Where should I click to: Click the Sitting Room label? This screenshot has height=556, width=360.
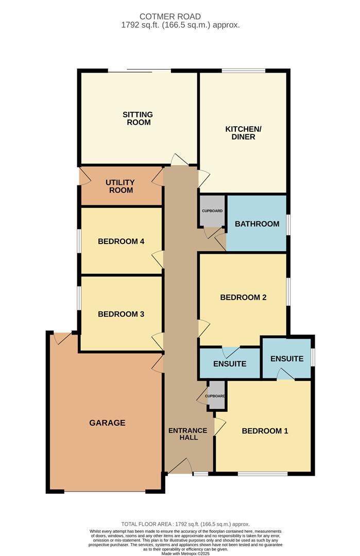point(138,118)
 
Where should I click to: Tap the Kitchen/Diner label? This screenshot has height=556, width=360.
point(243,133)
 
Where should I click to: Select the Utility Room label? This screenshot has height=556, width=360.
point(120,186)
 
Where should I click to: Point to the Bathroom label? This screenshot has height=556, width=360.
point(257,224)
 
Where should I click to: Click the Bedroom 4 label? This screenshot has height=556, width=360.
point(121,241)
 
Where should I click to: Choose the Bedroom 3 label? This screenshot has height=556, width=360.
point(121,314)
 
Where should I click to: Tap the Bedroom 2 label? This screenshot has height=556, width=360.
point(243,298)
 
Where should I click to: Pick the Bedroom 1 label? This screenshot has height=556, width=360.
point(265,431)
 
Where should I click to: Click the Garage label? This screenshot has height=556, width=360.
point(107,423)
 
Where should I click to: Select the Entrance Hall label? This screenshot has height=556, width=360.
point(188,434)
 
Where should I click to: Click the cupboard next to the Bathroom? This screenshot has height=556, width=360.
point(213,211)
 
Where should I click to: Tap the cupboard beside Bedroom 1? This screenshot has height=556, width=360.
point(216,396)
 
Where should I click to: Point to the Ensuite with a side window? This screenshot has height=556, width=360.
point(287,358)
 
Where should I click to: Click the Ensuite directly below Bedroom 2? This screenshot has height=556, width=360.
point(230,363)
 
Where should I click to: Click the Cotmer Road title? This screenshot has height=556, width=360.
point(170,16)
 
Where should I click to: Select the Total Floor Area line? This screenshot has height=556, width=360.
point(185,524)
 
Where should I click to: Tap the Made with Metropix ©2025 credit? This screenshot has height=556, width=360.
point(185,553)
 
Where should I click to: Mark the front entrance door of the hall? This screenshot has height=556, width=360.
point(180,465)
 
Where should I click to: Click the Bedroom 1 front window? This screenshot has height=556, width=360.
point(263,474)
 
